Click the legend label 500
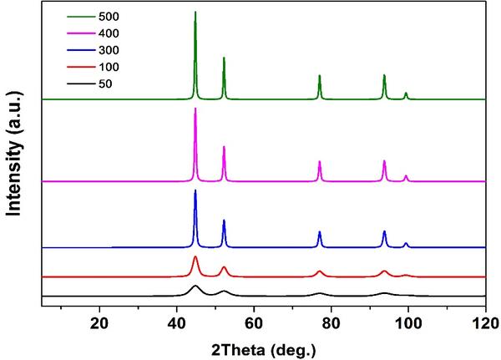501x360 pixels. (x=109, y=17)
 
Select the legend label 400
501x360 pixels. (x=109, y=33)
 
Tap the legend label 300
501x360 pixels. (x=109, y=50)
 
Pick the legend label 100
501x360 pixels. (x=109, y=67)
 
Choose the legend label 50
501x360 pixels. (x=105, y=84)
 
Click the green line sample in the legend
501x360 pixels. (x=81, y=17)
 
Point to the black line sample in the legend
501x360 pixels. (x=81, y=84)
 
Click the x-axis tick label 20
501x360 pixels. (x=99, y=324)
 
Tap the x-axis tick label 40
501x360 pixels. (x=177, y=324)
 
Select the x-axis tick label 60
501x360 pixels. (x=254, y=324)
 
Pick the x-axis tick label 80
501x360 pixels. (x=331, y=324)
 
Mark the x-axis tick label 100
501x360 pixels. (x=408, y=324)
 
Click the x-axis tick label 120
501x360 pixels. (x=486, y=324)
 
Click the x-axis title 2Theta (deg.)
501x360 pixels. (x=264, y=350)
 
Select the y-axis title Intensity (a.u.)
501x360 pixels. (x=14, y=154)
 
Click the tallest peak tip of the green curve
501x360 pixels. (x=195, y=12)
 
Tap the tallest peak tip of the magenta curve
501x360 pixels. (x=195, y=109)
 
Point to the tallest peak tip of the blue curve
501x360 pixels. (x=195, y=190)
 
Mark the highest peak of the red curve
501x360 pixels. (x=195, y=256)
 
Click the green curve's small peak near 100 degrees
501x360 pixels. (x=406, y=93)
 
